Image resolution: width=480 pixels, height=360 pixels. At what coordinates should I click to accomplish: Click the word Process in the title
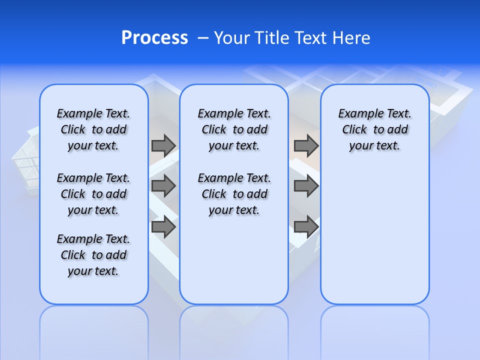tap(154, 38)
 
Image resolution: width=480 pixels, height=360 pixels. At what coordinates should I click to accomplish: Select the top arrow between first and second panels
tap(163, 145)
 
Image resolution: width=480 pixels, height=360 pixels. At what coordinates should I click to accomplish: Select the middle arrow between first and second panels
tap(163, 186)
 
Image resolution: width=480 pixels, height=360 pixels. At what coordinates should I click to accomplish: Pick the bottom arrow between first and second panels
tap(163, 227)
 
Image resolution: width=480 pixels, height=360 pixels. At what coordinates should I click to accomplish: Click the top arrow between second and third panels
tap(306, 145)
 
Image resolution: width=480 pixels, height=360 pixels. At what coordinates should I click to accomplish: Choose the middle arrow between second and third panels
tap(306, 186)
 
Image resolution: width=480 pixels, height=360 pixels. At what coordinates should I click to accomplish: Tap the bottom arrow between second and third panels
tap(306, 227)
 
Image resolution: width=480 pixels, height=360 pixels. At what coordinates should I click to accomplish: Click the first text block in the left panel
tap(93, 129)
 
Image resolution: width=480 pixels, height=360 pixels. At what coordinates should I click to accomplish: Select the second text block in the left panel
tap(93, 194)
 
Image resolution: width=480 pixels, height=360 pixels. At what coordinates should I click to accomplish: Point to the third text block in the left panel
tap(93, 255)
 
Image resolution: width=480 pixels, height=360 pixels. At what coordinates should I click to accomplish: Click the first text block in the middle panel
tap(234, 129)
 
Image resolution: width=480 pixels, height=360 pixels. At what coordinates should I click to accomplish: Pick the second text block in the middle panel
tap(234, 194)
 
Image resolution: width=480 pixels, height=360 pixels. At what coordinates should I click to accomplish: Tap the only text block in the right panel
tap(374, 129)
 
